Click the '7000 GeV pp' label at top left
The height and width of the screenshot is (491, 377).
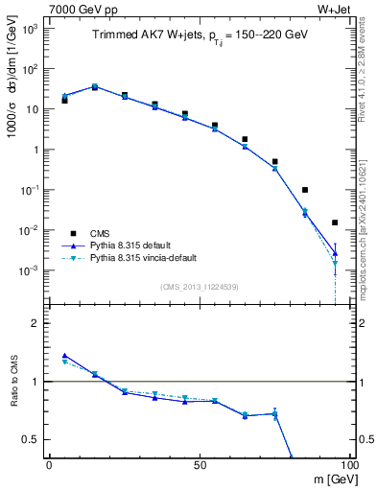coord(82,10)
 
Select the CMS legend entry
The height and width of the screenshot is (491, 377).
coord(101,233)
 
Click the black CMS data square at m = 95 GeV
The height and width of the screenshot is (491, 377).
coord(335,222)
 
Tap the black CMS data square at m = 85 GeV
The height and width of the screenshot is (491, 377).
coord(305,190)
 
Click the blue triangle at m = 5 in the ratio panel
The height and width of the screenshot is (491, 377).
coord(64,356)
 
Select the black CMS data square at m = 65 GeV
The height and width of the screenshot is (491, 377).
coord(245,139)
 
